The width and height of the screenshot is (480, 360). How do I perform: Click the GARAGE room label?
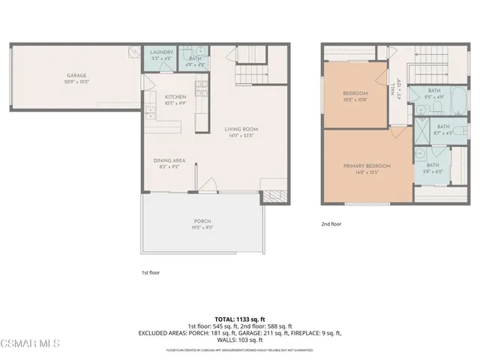tap(76, 76)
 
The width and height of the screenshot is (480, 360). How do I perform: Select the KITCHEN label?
tap(175, 97)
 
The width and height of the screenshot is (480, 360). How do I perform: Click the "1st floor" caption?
tap(151, 272)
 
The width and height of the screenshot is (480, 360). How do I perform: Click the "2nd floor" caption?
tap(331, 223)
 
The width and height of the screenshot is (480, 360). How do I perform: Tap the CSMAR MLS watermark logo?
tap(30, 344)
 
